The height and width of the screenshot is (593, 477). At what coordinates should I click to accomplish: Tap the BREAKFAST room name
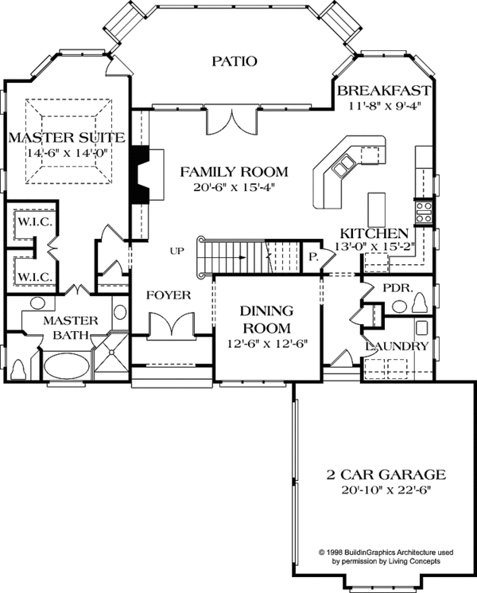tap(383, 90)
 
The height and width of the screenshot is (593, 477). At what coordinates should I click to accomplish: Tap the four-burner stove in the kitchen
tap(424, 211)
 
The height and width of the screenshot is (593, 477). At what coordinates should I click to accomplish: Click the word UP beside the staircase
tap(177, 252)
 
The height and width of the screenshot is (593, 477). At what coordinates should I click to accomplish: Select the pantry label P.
tap(312, 258)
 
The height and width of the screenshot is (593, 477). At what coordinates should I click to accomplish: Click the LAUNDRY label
tap(397, 347)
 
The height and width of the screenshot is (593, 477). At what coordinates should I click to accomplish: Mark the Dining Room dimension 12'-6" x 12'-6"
tap(256, 343)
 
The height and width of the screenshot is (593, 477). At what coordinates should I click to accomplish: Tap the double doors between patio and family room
tap(231, 119)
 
